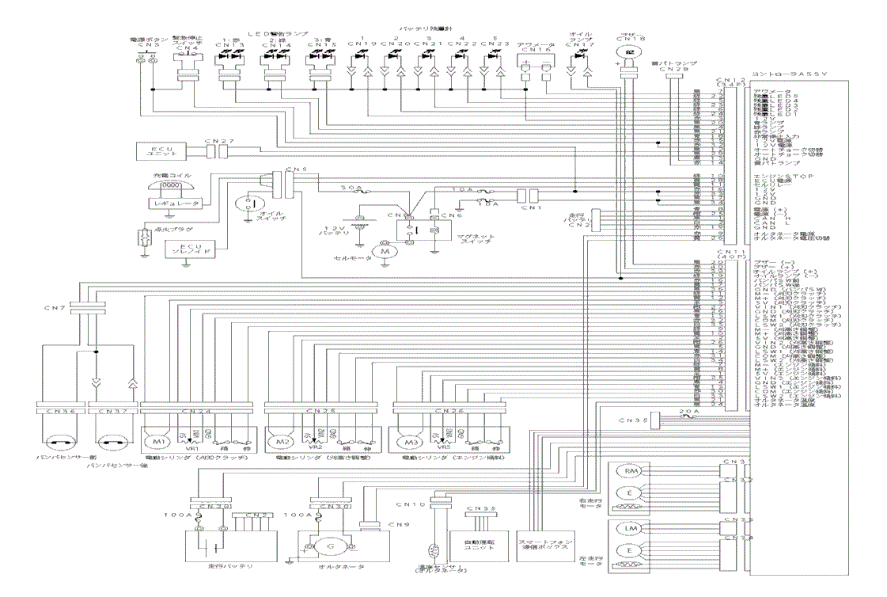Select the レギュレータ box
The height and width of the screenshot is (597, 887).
(174, 203)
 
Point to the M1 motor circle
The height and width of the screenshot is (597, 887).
(156, 441)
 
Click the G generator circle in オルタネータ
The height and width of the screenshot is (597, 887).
(332, 546)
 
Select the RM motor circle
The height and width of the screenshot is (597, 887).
(631, 472)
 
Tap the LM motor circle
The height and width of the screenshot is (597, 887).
(631, 528)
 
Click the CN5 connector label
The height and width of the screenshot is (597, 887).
(292, 169)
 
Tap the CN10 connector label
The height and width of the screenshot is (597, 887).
(417, 504)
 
